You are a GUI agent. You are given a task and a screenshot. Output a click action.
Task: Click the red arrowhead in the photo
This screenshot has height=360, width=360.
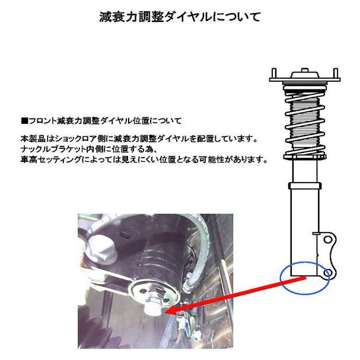click(x=168, y=309)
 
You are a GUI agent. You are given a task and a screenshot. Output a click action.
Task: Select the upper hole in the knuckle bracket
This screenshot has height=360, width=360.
click(x=326, y=241)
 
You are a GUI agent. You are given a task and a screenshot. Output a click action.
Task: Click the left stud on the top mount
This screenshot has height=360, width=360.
click(x=274, y=72)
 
